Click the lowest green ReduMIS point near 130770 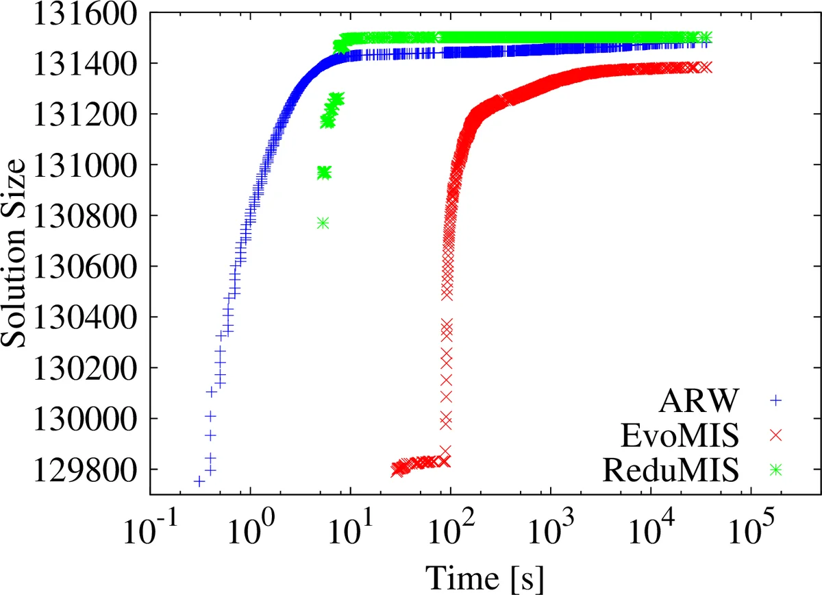click(x=323, y=223)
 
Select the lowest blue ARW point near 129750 click(x=199, y=482)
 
